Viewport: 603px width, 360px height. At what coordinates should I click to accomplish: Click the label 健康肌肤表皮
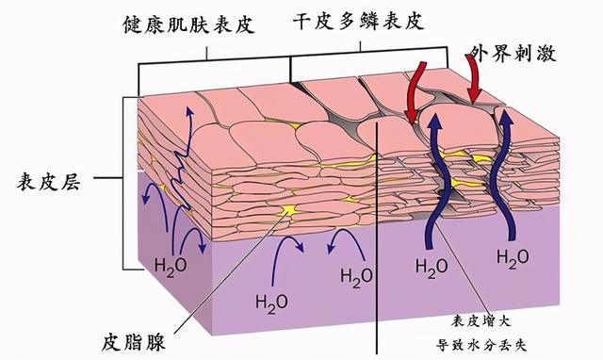tap(189, 25)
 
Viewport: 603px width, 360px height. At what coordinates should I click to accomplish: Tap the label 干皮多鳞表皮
tap(358, 21)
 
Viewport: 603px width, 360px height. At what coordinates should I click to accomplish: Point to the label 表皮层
tap(48, 182)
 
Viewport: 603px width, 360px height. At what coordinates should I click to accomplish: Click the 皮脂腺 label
tap(134, 341)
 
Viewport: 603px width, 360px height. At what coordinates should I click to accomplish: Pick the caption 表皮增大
tap(481, 321)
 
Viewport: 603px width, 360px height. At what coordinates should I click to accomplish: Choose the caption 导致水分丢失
tap(481, 344)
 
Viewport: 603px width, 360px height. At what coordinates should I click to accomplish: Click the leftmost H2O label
tap(171, 266)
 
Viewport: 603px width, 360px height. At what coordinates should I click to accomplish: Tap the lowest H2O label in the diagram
tap(271, 303)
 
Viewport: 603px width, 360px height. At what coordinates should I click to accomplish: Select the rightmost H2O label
tap(513, 257)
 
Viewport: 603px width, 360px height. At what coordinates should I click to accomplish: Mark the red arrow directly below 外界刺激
tap(474, 79)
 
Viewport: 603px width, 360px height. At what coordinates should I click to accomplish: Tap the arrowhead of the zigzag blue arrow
tap(188, 111)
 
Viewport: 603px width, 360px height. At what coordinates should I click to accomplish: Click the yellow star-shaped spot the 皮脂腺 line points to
tap(288, 210)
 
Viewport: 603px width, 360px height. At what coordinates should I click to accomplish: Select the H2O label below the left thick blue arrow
tap(432, 268)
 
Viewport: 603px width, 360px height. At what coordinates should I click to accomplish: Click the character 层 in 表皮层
tap(71, 182)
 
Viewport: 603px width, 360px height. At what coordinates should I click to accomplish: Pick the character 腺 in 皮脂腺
tap(155, 341)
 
